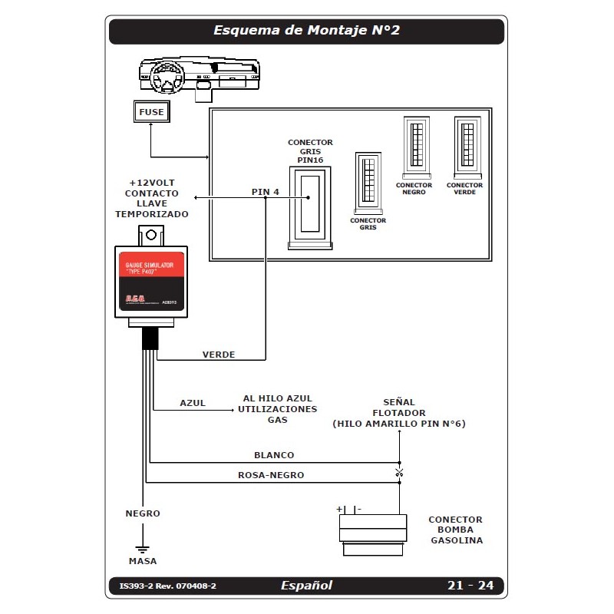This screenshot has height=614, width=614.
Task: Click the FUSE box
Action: point(151,112)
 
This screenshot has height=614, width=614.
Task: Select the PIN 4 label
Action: point(266,190)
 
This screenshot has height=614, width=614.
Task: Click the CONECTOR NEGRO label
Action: point(414,189)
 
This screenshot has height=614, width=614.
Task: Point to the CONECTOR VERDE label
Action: point(465,189)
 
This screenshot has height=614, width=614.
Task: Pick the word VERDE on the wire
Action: point(219,355)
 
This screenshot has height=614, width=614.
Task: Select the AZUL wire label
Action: point(193,403)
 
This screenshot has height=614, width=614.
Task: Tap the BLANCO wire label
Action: point(274,455)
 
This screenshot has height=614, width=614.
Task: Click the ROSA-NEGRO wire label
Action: point(271,475)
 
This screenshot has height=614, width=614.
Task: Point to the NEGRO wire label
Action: point(143,513)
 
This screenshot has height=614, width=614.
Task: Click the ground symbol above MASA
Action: point(142,547)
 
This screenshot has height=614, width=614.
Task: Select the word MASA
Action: point(143,561)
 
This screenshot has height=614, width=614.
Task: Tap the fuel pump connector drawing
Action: point(374,530)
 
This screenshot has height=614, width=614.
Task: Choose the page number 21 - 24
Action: point(470,586)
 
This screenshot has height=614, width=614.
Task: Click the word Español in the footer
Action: point(306,586)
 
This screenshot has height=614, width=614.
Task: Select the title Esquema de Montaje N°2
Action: point(306,31)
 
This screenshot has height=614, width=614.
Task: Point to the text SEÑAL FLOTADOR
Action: point(399,408)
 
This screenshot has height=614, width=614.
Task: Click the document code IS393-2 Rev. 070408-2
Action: point(168,586)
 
